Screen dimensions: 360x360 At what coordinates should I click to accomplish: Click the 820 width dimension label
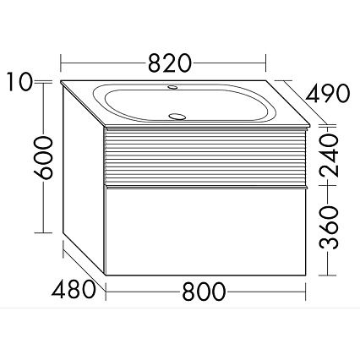(170, 63)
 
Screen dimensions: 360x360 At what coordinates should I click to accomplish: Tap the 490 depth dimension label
(328, 93)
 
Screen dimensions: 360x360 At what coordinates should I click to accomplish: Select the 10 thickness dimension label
(19, 82)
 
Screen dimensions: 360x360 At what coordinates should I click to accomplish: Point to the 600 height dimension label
(43, 157)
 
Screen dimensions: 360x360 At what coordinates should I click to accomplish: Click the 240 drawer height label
(329, 155)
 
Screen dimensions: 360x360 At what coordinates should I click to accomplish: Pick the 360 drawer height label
(329, 227)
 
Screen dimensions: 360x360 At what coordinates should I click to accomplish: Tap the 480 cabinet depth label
(74, 290)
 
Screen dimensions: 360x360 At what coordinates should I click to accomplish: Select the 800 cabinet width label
(204, 292)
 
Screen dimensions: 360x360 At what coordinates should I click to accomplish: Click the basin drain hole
(177, 116)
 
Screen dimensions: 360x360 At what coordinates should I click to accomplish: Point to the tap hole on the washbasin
(172, 87)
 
